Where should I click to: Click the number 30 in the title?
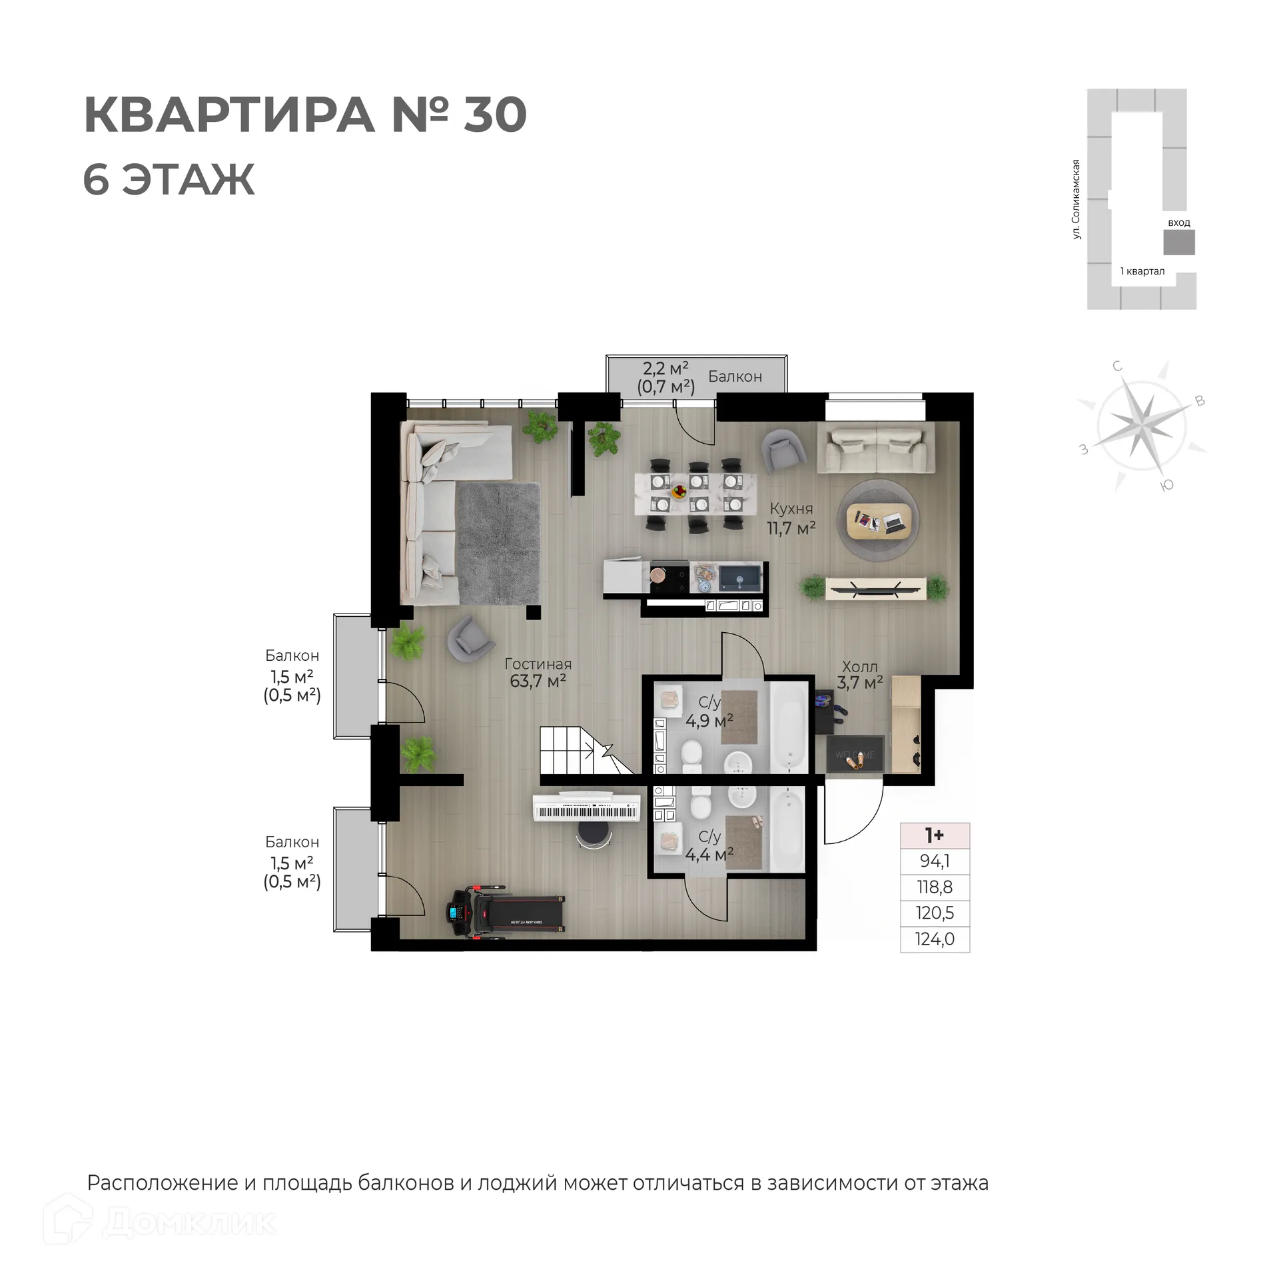tap(495, 115)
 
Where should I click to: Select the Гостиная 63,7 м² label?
tap(538, 672)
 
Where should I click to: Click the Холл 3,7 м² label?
tap(859, 675)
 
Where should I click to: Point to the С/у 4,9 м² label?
tap(709, 711)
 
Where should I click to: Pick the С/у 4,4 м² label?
tap(709, 845)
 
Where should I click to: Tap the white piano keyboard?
tap(586, 811)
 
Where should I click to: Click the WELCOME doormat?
tap(855, 755)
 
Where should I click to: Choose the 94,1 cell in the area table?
tap(935, 861)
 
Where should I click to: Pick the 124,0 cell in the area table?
tap(935, 939)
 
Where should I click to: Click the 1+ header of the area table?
tap(935, 835)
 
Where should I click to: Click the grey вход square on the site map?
tap(1178, 242)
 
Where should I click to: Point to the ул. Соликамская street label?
tap(1076, 199)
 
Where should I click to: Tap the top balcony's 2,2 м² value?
tap(665, 368)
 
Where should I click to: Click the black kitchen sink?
tap(739, 576)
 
